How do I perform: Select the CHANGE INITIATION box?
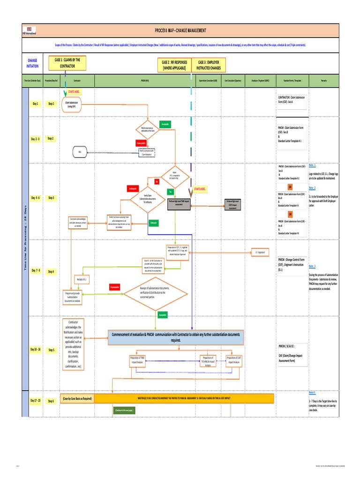pyautogui.click(x=33, y=63)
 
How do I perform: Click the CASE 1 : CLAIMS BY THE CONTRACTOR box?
pyautogui.click(x=67, y=63)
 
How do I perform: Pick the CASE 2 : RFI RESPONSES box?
pyautogui.click(x=174, y=65)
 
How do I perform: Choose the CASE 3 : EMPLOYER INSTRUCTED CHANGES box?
pyautogui.click(x=210, y=65)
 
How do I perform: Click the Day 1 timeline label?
pyautogui.click(x=36, y=104)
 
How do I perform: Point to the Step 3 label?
pyautogui.click(x=51, y=198)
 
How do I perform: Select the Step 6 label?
pyautogui.click(x=51, y=401)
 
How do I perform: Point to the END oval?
pyautogui.click(x=79, y=152)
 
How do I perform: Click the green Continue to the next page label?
pyautogui.click(x=124, y=410)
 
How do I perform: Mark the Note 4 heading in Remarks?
pyautogui.click(x=312, y=392)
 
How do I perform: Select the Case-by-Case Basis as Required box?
pyautogui.click(x=77, y=398)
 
